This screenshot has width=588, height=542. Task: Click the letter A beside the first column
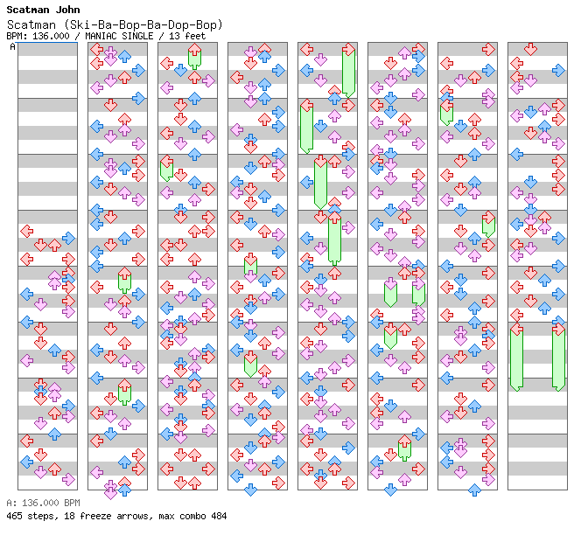pos(13,46)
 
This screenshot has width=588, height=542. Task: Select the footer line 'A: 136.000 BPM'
pos(43,504)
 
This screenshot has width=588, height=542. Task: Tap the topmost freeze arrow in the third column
pos(194,57)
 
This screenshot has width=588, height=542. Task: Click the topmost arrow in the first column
pos(27,231)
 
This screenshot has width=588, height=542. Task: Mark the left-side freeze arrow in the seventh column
pos(446,111)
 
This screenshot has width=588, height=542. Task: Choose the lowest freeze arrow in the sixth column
pos(404,448)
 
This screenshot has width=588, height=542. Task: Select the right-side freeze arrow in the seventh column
pos(488,225)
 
